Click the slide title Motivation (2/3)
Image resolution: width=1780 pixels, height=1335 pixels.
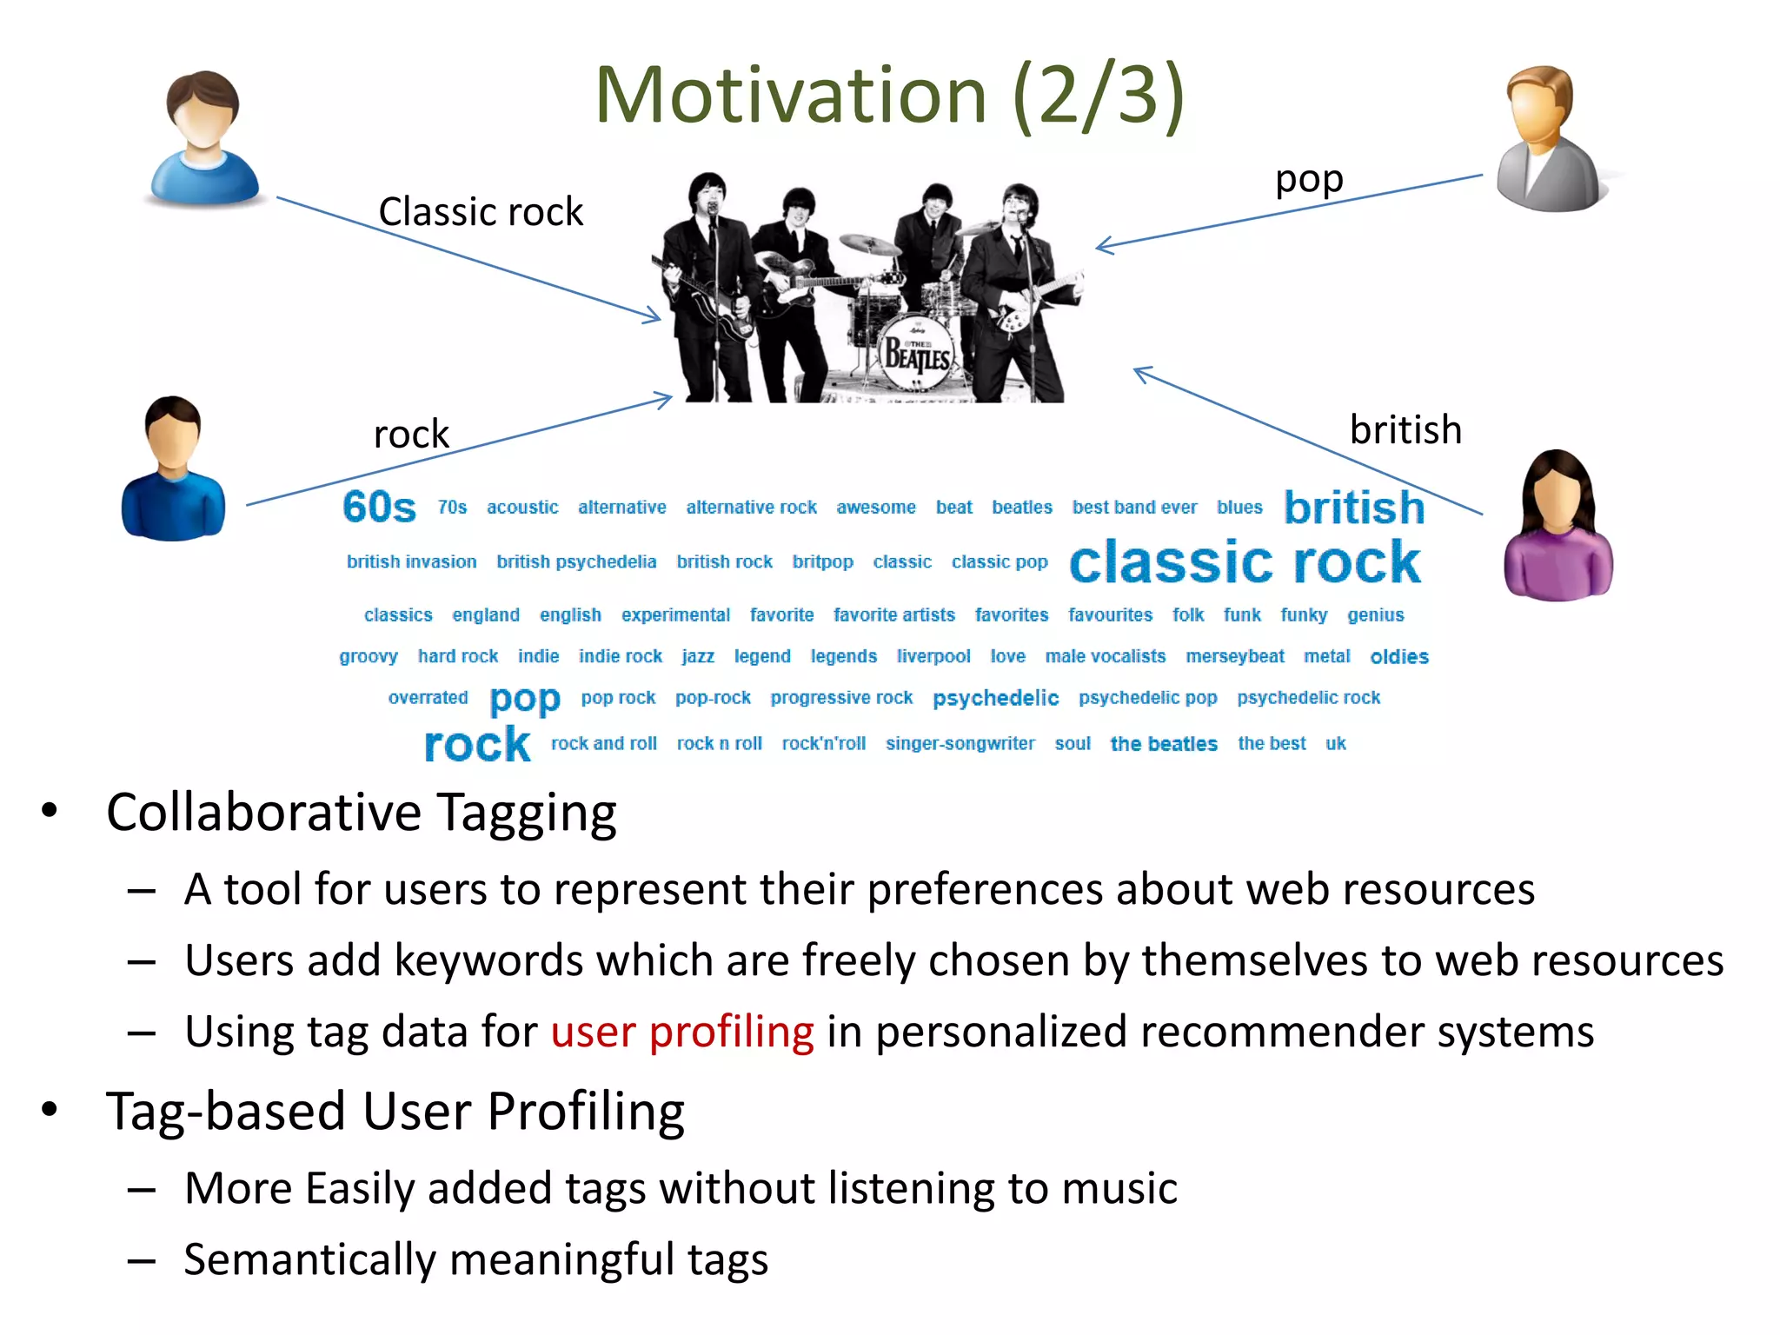coord(888,96)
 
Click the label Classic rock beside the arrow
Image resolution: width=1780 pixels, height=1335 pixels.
coord(481,212)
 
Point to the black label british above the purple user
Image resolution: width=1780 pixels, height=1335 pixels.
coord(1405,430)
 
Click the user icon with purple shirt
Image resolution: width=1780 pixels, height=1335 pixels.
coord(1557,527)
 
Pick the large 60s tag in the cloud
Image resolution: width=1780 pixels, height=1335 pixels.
coord(379,507)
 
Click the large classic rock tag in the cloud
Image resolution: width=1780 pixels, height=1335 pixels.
coord(1245,562)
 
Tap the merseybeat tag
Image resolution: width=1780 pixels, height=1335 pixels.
coord(1234,656)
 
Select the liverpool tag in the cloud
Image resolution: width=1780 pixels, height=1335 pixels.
coord(933,656)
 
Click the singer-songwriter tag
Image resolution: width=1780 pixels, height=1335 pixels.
coord(960,743)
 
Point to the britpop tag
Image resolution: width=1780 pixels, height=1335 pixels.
coord(822,561)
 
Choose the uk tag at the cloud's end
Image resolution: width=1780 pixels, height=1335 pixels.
coord(1335,743)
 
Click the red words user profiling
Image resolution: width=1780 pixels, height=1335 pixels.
coord(682,1032)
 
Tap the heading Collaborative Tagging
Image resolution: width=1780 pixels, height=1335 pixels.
coord(361,814)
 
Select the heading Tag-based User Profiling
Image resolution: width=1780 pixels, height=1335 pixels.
coord(395,1112)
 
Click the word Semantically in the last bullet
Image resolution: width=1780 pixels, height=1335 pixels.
coord(309,1260)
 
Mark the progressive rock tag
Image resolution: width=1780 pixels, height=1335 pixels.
coord(841,698)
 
